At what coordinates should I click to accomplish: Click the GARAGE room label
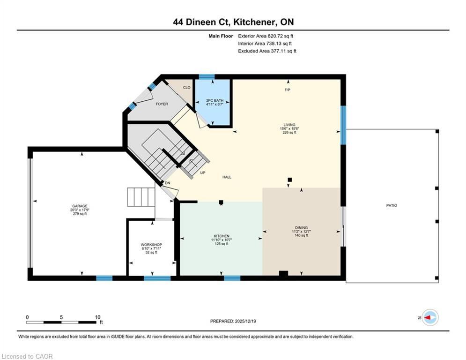[x=80, y=206]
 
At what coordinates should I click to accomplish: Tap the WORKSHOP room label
[x=151, y=245]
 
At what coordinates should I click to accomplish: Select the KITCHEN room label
[x=220, y=236]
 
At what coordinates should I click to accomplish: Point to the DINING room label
[x=300, y=228]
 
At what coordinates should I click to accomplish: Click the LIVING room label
[x=286, y=125]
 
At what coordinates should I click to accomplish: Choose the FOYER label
[x=162, y=104]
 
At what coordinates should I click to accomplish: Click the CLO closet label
[x=186, y=88]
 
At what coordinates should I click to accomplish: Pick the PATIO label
[x=392, y=205]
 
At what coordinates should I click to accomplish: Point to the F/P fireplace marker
[x=288, y=90]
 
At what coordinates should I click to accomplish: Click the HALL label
[x=227, y=177]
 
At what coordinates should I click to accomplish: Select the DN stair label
[x=167, y=183]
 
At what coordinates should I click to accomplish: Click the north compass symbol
[x=429, y=317]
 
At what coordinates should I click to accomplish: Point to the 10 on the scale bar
[x=98, y=317]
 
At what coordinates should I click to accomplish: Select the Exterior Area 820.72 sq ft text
[x=266, y=36]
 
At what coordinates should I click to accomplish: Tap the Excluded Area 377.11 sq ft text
[x=267, y=51]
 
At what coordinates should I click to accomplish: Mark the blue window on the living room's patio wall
[x=343, y=125]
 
